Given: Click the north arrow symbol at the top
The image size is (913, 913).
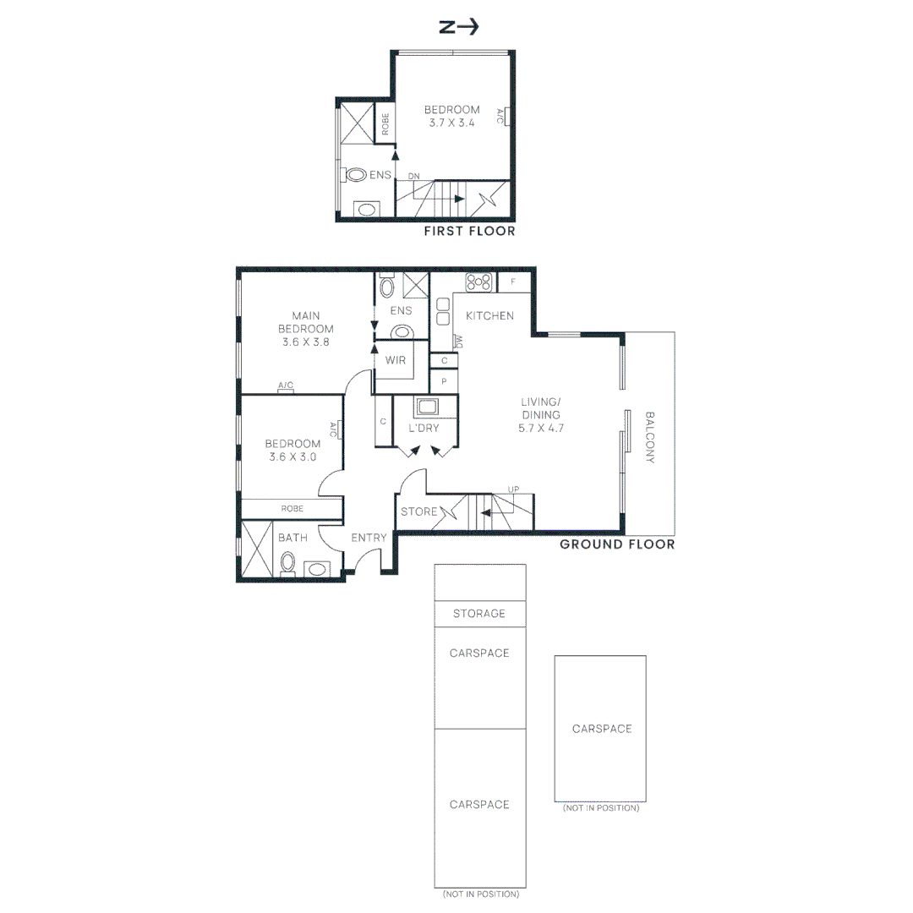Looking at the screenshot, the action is coord(459,27).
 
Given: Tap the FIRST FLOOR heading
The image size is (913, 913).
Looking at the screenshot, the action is coord(469,231).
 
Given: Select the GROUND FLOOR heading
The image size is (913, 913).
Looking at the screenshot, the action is coord(617,544).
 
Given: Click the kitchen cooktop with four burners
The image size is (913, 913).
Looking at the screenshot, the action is coord(478,282).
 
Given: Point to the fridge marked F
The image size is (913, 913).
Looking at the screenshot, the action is coord(514,282).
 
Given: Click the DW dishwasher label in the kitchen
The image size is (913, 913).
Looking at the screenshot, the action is coord(459,342).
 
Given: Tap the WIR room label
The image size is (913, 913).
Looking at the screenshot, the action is coord(396,360).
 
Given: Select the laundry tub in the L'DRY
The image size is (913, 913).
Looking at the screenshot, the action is coord(427,406).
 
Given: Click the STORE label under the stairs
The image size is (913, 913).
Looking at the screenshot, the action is coord(418,511).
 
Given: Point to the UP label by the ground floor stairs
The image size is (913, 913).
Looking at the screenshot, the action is coord(513,489).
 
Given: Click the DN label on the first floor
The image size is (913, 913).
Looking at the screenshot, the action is coord(413,177).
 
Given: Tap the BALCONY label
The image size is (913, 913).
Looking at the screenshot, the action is coord(650,437).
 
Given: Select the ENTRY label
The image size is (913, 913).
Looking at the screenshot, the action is coord(369,538).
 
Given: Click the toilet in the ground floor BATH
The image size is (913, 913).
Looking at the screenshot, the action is coord(287,562).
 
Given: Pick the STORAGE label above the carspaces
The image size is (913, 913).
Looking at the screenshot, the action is coord(479,613).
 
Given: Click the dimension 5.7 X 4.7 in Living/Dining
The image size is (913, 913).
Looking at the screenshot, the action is coord(541,428).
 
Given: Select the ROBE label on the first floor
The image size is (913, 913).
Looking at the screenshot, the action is coord(385,124).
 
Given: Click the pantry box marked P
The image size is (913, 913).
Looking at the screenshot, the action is coord(444,381).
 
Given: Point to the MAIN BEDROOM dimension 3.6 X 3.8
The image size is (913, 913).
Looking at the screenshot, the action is coord(306,342).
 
